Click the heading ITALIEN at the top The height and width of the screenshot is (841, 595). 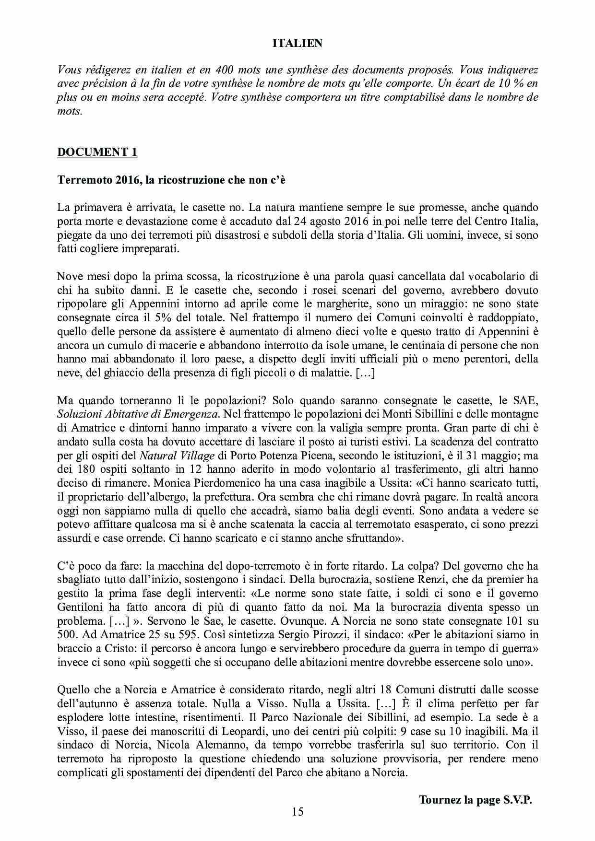(297, 43)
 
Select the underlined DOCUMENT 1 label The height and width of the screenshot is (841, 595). (97, 152)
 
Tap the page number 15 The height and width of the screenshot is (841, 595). (297, 811)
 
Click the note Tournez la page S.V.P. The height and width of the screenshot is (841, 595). (476, 800)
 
